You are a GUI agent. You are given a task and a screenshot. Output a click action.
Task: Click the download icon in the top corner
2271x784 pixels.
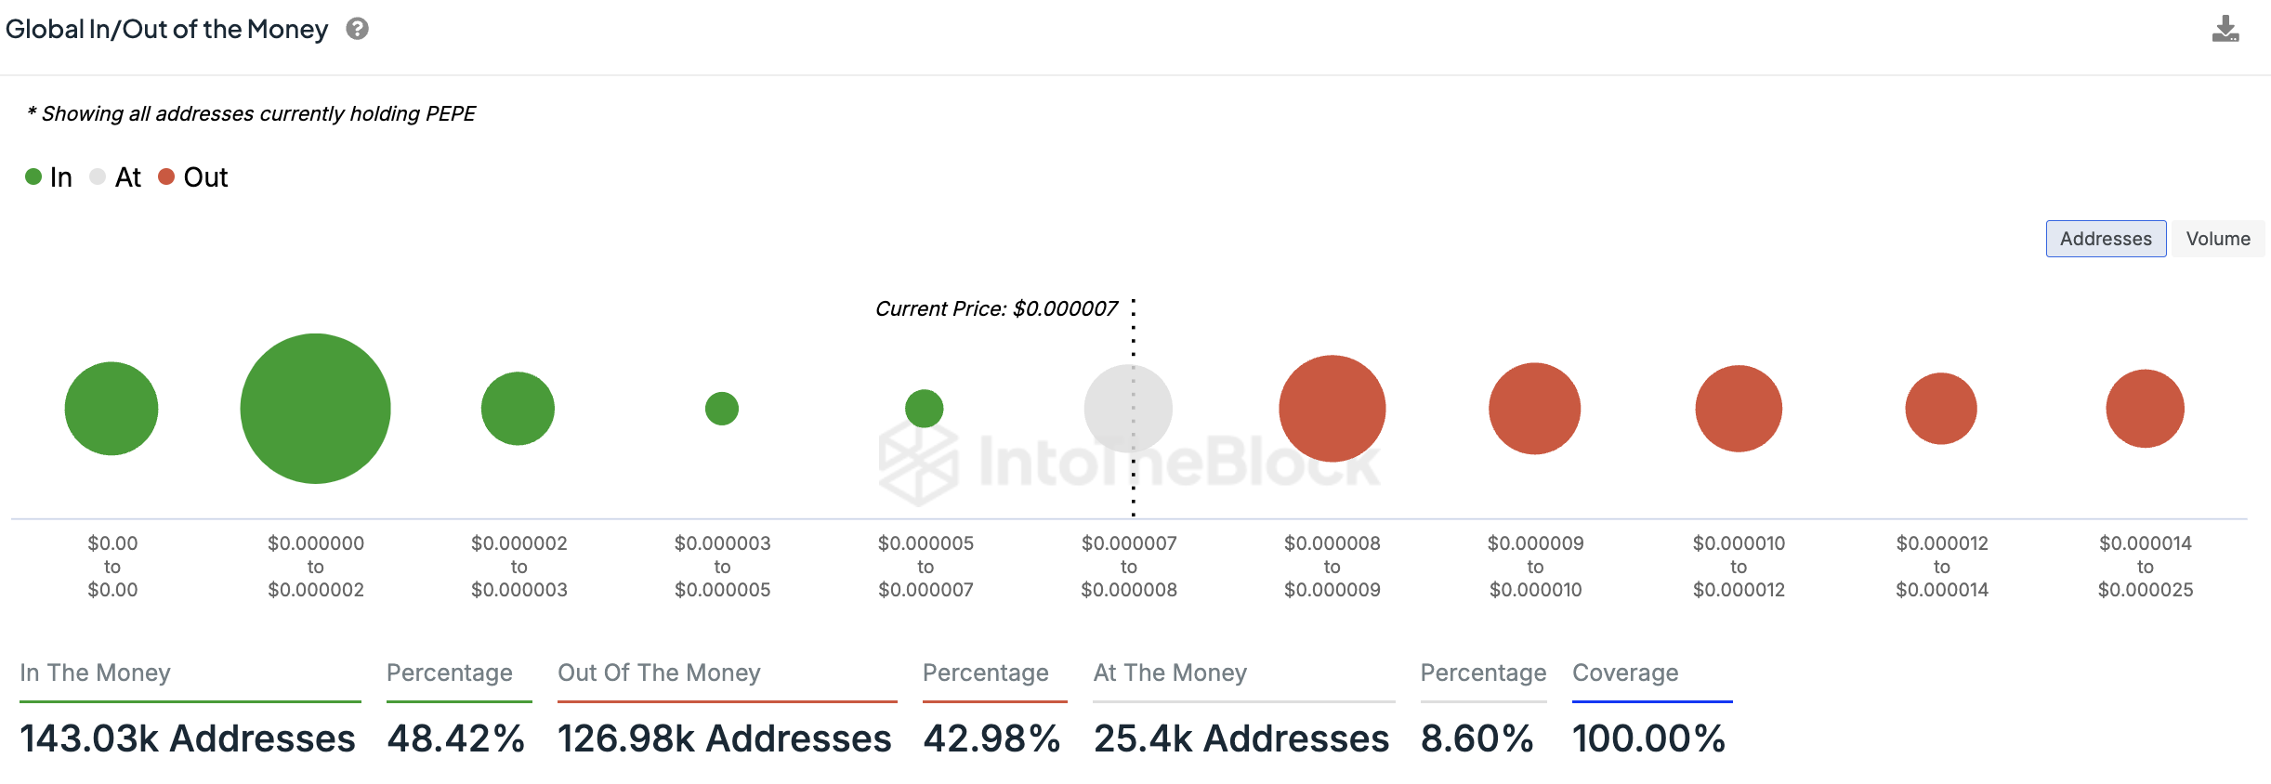click(x=2225, y=29)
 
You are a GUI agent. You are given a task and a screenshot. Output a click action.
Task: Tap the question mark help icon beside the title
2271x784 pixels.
click(x=358, y=29)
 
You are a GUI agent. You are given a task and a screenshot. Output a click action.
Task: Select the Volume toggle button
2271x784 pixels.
click(x=2218, y=239)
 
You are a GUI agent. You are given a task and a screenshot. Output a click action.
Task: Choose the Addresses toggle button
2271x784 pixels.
click(x=2106, y=239)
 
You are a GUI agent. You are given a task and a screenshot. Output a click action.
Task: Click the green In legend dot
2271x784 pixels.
click(x=33, y=176)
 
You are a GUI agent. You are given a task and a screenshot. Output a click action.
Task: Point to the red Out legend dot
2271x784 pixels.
click(x=166, y=176)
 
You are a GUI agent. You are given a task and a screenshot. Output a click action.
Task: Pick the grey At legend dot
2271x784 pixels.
click(x=98, y=176)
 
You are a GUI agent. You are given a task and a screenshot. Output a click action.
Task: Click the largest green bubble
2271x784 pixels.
click(x=315, y=409)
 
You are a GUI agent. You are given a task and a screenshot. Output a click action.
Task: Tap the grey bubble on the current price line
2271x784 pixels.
click(x=1128, y=409)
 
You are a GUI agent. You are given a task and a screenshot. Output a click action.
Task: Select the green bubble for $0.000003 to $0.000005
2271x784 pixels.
click(x=722, y=409)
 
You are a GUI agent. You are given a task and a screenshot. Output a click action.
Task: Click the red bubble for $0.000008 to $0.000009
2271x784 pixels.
click(x=1332, y=409)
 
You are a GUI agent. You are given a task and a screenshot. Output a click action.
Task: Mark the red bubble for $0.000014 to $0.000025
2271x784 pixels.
click(x=2145, y=409)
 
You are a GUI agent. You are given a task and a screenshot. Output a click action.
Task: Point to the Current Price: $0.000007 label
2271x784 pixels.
click(x=997, y=308)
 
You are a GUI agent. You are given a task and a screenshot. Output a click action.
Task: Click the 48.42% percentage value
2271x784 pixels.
click(x=456, y=738)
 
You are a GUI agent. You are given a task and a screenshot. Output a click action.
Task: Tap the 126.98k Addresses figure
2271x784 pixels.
click(x=725, y=738)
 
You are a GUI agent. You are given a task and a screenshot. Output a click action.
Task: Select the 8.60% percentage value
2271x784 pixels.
click(x=1477, y=738)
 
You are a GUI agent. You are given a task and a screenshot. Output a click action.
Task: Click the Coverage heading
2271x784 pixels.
click(x=1625, y=673)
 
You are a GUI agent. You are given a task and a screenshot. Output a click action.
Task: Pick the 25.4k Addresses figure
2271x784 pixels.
click(x=1241, y=738)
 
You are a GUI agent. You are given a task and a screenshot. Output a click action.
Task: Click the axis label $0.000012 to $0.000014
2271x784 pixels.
click(x=1942, y=567)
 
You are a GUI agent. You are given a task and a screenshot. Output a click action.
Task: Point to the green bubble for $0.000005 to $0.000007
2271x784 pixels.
click(x=925, y=409)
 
